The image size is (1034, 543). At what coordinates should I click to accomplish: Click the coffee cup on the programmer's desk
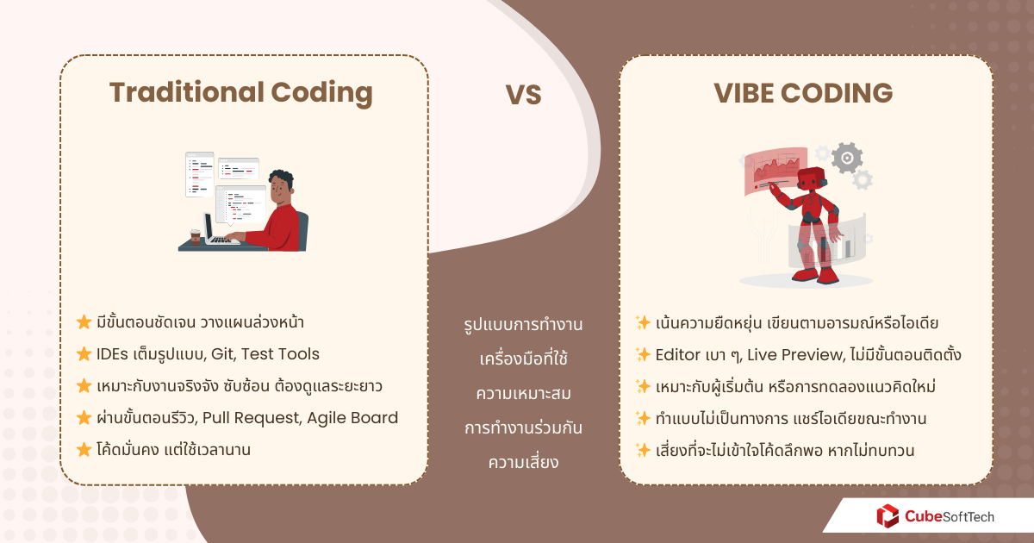coord(194,235)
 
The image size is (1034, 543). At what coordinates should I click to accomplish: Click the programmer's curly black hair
coord(280,181)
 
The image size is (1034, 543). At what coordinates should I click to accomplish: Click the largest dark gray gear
coord(847,158)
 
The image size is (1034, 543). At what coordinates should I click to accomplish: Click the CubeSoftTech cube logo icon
coord(887,516)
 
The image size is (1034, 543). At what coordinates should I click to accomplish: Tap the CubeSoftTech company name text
coord(949,516)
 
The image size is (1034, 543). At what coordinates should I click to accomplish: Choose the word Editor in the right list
coord(678,354)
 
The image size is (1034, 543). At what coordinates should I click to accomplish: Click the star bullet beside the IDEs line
coord(84,354)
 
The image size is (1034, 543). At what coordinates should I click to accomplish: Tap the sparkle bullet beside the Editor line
coord(642,354)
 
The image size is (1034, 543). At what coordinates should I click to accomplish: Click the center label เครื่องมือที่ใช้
coord(523,358)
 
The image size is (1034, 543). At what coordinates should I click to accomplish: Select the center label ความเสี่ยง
coord(523,462)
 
